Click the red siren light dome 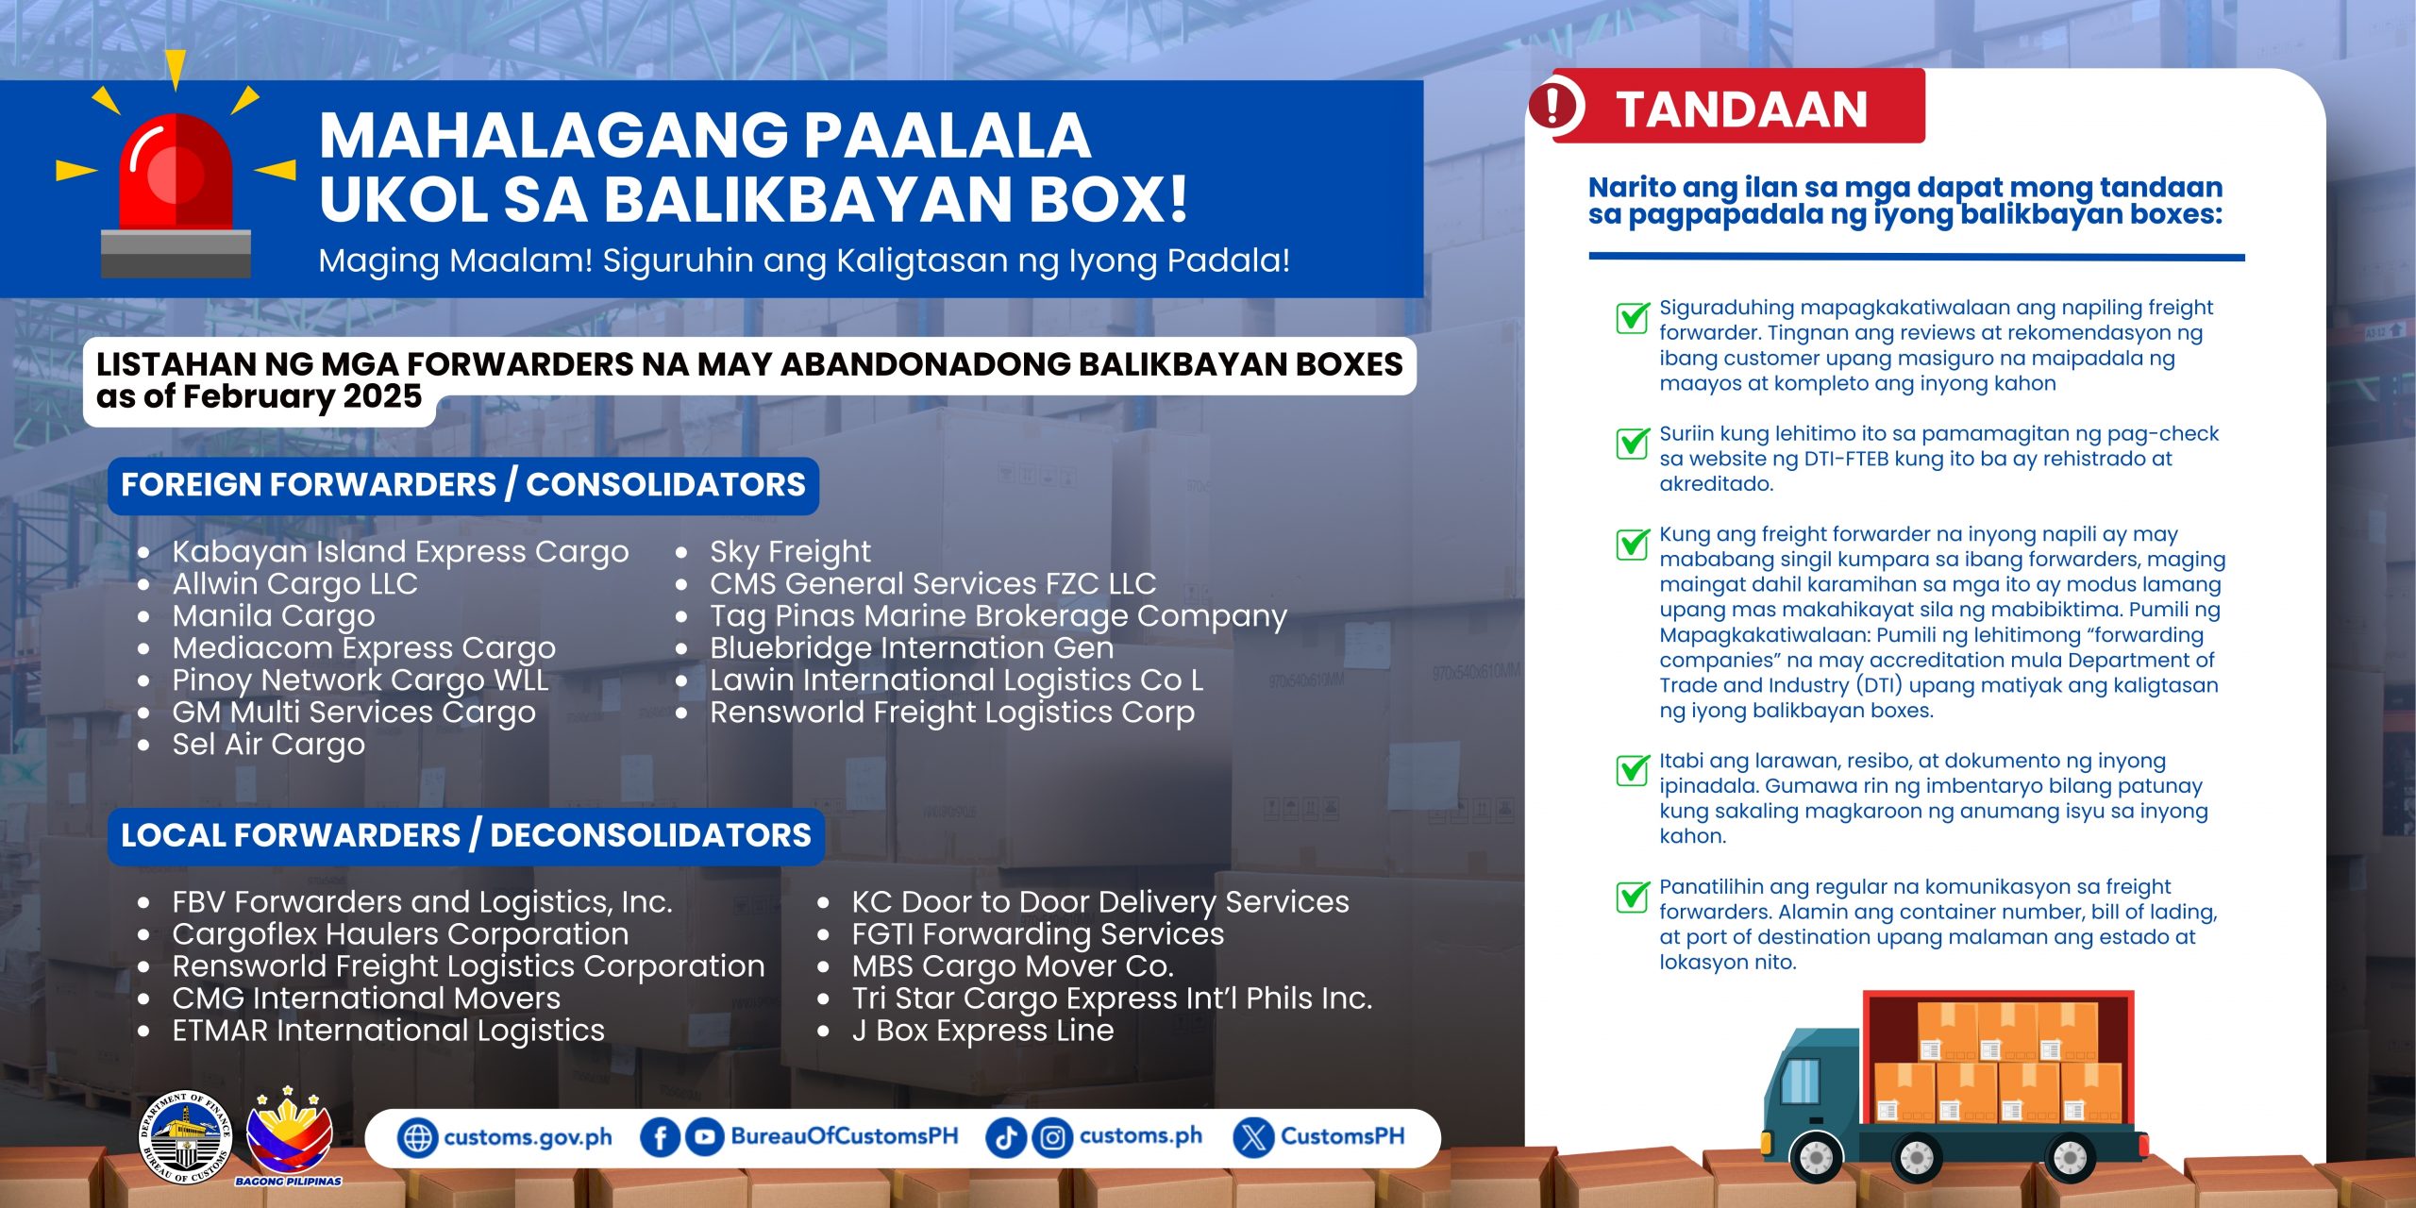[x=176, y=173]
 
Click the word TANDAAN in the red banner [x=1741, y=109]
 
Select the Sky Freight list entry [x=790, y=551]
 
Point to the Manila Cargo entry [x=274, y=615]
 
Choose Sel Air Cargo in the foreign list [x=268, y=744]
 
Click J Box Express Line [x=982, y=1031]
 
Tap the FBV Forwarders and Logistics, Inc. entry [x=422, y=902]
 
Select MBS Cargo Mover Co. [x=1013, y=966]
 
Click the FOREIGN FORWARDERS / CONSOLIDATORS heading [x=463, y=485]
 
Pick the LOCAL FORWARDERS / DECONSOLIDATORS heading [x=466, y=835]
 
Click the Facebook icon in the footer [x=660, y=1137]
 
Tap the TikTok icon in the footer [x=1005, y=1137]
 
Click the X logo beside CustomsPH [x=1253, y=1137]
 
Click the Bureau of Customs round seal [x=185, y=1136]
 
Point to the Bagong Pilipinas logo [x=289, y=1135]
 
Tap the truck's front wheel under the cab [x=1816, y=1156]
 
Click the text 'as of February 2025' [x=259, y=396]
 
